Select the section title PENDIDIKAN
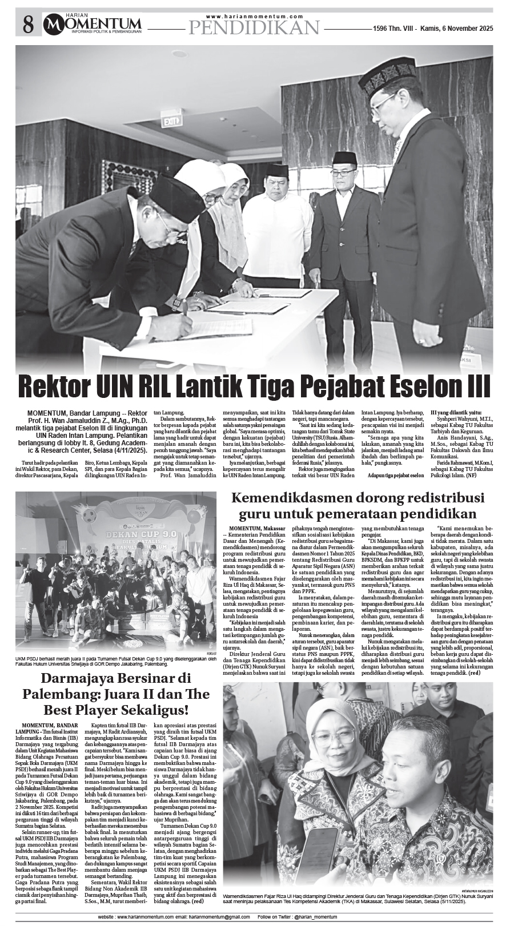click(x=254, y=27)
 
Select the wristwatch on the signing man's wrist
click(x=176, y=303)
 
